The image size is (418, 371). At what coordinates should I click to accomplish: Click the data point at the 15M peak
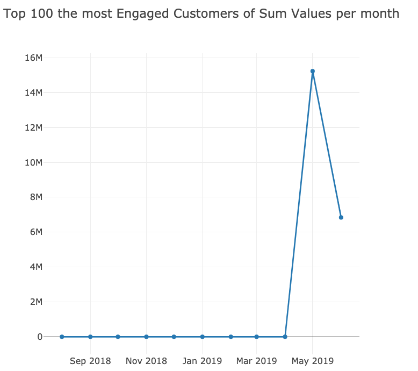pos(312,71)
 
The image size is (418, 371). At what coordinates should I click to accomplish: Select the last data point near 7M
pos(341,217)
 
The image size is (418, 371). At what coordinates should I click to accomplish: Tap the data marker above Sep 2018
pos(90,337)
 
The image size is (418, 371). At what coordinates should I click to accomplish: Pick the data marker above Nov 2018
pos(146,337)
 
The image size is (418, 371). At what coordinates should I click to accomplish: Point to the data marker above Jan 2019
pos(202,337)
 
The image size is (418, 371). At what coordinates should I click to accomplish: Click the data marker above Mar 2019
pos(256,337)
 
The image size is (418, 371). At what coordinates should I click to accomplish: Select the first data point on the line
pos(62,337)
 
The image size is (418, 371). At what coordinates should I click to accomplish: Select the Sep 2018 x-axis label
pos(90,361)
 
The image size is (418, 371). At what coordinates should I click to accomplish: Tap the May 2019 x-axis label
pos(312,361)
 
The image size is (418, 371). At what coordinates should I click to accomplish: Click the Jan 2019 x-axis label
pos(202,361)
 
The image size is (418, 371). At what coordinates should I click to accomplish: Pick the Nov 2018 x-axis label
pos(146,361)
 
